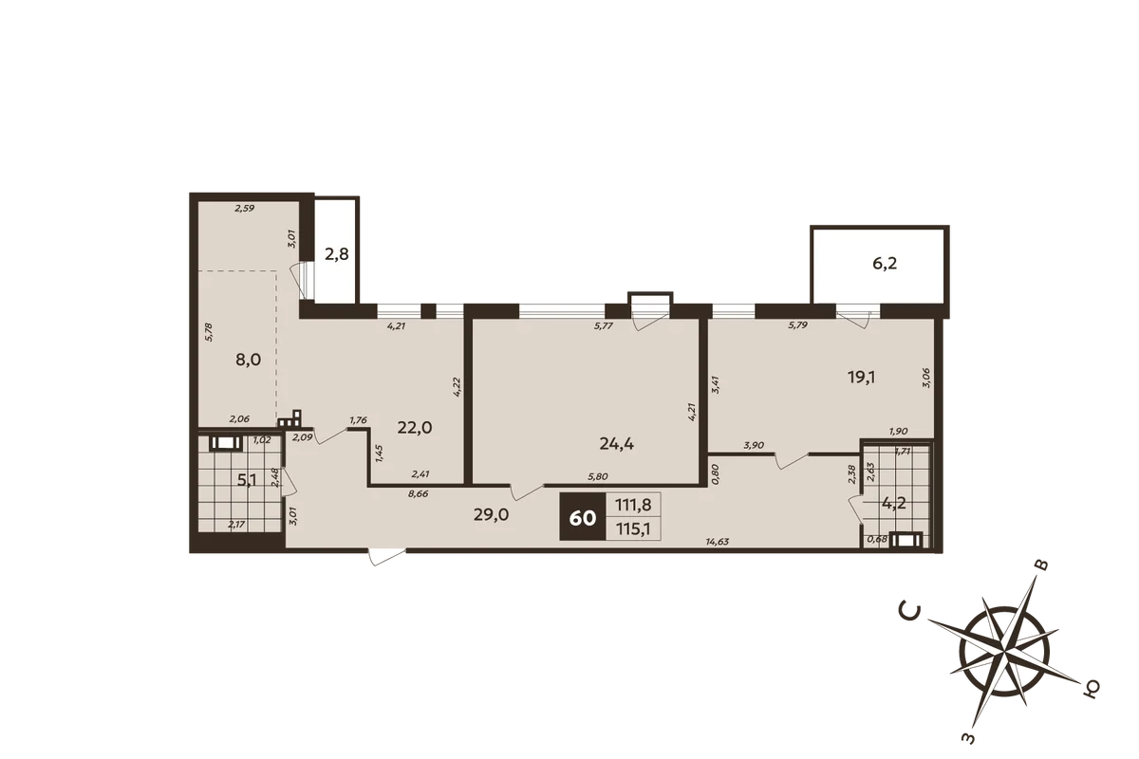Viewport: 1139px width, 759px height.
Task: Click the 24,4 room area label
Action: [616, 444]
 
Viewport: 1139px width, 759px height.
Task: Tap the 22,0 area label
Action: [415, 428]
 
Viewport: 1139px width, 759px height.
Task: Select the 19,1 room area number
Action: [861, 378]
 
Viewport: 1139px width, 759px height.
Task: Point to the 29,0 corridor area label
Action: [492, 515]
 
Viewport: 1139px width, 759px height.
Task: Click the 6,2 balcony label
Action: [885, 264]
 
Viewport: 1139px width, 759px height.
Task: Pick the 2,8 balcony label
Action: [337, 253]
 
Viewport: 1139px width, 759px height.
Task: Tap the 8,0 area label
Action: [248, 360]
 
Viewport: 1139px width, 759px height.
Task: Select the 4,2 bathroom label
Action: [894, 504]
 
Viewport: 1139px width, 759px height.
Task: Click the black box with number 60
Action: [583, 516]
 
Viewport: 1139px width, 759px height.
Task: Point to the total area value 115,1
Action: [633, 529]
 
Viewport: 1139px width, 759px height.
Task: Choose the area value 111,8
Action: [633, 505]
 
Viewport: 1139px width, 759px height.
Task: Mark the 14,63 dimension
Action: [717, 542]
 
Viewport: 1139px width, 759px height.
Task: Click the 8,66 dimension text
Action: [418, 493]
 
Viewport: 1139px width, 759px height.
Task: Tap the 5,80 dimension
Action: [597, 477]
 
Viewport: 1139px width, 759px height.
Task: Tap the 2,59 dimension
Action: [245, 208]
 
